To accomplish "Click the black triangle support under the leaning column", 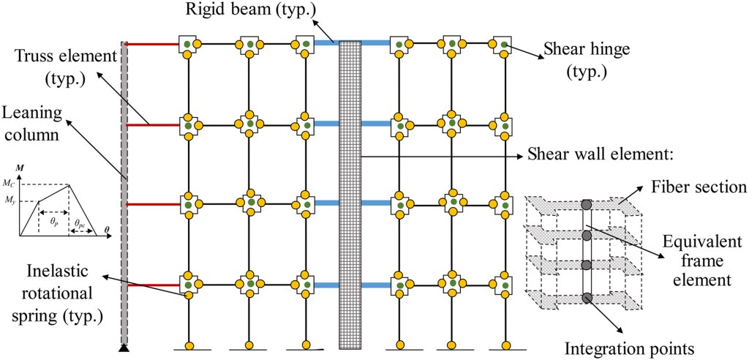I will pos(124,347).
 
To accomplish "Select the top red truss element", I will pos(153,45).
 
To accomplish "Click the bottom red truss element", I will pos(153,285).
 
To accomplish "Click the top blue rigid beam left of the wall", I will pos(325,45).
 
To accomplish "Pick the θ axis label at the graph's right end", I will pos(108,228).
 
